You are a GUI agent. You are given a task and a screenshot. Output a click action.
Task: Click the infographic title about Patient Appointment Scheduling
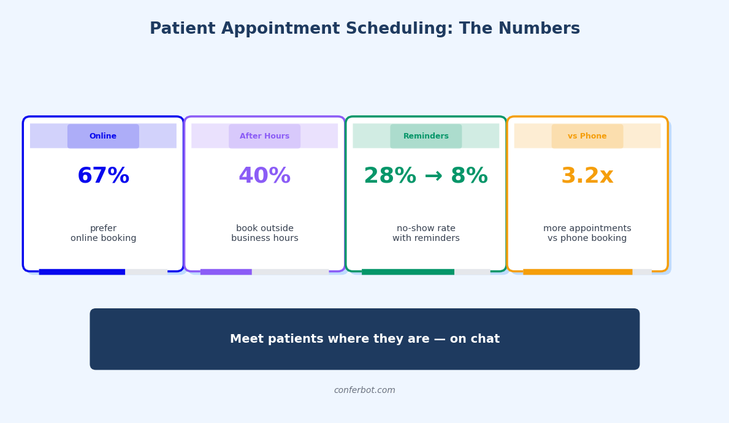click(364, 29)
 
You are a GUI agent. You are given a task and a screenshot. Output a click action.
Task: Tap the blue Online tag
click(103, 136)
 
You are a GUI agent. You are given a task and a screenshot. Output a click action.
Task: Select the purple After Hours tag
click(264, 136)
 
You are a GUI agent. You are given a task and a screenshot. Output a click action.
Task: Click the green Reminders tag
click(426, 136)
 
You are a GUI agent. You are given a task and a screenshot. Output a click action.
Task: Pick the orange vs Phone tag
click(587, 136)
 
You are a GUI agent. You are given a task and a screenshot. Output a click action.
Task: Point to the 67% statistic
click(103, 177)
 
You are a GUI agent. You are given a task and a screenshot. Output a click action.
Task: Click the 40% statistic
click(264, 177)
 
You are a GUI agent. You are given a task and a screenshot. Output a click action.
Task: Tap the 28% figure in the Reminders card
click(390, 177)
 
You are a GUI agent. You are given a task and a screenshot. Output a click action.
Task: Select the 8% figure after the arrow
click(469, 177)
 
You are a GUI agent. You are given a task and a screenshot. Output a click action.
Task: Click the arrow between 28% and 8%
click(433, 177)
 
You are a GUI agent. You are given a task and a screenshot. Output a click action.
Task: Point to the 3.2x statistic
click(587, 177)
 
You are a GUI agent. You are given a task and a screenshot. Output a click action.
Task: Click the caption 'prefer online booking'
click(103, 234)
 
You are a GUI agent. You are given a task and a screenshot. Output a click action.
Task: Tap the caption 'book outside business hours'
click(264, 234)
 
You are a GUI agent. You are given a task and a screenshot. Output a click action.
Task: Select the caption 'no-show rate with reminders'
click(426, 234)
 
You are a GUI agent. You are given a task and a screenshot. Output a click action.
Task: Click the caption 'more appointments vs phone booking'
click(587, 234)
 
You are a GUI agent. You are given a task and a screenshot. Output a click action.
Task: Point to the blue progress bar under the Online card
click(82, 272)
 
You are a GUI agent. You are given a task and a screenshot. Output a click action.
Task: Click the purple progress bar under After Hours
click(226, 272)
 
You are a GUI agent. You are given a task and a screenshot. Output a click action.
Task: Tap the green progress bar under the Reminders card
click(408, 272)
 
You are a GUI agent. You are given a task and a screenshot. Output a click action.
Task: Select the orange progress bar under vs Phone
click(578, 272)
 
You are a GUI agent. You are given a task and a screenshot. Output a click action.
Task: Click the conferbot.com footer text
click(364, 391)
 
